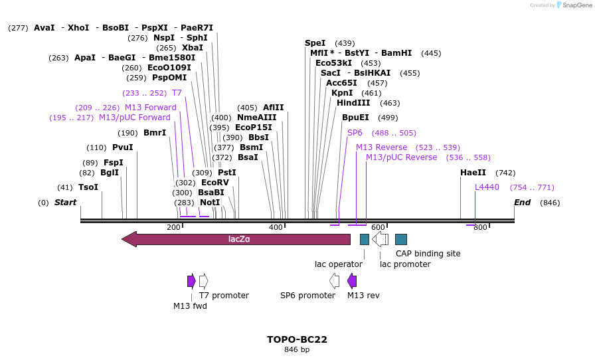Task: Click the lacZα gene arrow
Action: [x=236, y=239]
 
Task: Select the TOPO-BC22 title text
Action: [x=297, y=339]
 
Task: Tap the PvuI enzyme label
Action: [x=122, y=147]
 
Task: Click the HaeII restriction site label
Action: [x=473, y=173]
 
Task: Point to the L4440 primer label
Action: [x=487, y=187]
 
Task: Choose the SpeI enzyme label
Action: [x=316, y=43]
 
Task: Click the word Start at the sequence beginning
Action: [x=65, y=203]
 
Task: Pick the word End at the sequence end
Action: [x=522, y=203]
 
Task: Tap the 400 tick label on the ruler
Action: [x=276, y=228]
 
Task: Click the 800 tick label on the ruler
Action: [x=480, y=228]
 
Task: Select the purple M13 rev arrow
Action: [x=352, y=281]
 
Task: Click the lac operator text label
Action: [x=339, y=264]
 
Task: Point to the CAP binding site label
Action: [x=428, y=254]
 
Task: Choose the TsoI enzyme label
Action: [x=88, y=187]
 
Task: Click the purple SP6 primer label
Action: [x=355, y=133]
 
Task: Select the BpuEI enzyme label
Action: [x=355, y=118]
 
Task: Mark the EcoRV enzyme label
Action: [x=214, y=183]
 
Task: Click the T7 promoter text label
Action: [x=224, y=296]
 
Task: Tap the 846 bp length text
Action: [x=297, y=349]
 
